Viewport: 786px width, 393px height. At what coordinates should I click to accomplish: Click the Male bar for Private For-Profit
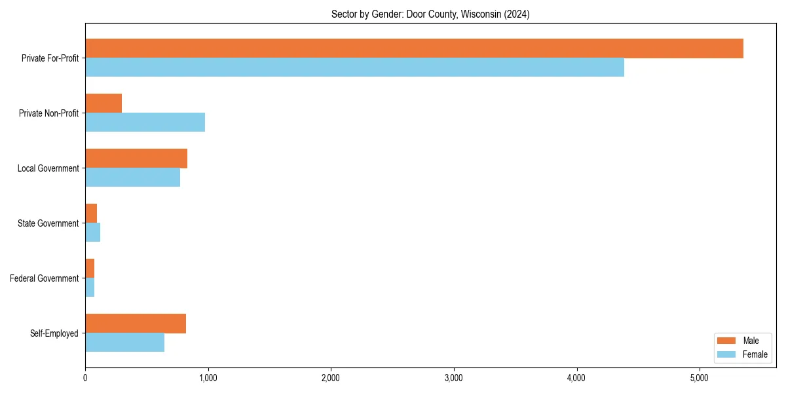[414, 48]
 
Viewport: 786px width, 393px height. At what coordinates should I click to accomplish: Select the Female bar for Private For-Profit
[354, 67]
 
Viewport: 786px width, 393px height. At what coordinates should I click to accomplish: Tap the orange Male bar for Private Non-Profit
[103, 103]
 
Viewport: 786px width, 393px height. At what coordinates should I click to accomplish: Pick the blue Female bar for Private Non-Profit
[145, 122]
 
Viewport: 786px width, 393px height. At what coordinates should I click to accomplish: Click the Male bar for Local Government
[136, 159]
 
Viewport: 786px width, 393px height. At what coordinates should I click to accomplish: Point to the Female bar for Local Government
[132, 178]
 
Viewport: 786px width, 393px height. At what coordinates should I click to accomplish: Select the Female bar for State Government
[92, 233]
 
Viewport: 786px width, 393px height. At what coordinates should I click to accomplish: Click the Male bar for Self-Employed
[136, 324]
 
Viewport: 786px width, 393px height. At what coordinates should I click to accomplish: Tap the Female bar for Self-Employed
[124, 343]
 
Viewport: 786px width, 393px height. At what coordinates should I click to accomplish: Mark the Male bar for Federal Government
[90, 269]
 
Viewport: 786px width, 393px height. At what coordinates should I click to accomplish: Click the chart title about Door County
[430, 14]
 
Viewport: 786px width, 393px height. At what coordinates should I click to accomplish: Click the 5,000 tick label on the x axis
[699, 378]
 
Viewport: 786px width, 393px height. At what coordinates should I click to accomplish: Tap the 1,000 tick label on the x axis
[208, 378]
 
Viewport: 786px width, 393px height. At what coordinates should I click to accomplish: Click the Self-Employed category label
[54, 333]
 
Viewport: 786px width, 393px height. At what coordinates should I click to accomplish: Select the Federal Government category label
[45, 278]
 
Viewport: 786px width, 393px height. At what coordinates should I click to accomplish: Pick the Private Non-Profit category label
[50, 113]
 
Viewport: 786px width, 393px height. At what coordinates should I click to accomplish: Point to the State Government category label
[48, 223]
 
